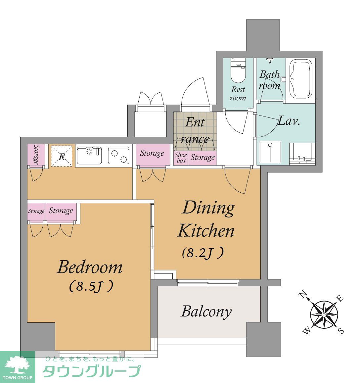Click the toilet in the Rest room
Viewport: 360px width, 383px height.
point(238,71)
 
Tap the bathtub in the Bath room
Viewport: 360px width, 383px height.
point(301,79)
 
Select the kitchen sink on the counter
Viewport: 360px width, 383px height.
point(89,155)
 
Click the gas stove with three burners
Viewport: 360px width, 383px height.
point(118,155)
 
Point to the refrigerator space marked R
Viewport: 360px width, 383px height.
point(62,156)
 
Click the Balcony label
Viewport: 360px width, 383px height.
point(206,312)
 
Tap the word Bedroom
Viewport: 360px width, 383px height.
point(90,267)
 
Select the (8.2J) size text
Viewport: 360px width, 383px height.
point(203,253)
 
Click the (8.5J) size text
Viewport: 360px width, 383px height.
point(91,286)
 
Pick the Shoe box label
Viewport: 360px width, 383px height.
point(181,158)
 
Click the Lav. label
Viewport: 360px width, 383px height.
point(289,121)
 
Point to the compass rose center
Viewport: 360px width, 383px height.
point(324,314)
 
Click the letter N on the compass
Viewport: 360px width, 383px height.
point(303,295)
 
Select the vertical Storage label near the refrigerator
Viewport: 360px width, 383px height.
point(36,154)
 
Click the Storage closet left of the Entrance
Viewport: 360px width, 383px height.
point(153,154)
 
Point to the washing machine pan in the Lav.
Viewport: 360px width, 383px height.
point(270,152)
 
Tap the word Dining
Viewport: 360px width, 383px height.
point(208,208)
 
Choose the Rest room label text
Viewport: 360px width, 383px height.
point(238,94)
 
